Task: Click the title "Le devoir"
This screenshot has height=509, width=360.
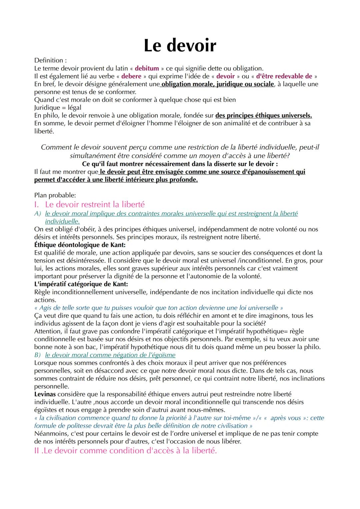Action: (x=180, y=45)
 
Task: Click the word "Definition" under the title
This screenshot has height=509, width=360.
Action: (x=49, y=60)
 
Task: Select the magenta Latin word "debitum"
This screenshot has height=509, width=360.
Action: (x=147, y=68)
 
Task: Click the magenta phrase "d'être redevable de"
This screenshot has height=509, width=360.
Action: (x=284, y=76)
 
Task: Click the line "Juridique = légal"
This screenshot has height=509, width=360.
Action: (x=58, y=108)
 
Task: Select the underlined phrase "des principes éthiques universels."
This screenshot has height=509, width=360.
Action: (x=264, y=116)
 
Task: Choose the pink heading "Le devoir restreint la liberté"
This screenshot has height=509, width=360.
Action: (x=95, y=204)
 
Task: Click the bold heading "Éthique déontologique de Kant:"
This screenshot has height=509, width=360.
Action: (x=80, y=245)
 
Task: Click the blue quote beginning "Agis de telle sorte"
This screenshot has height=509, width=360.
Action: (x=159, y=308)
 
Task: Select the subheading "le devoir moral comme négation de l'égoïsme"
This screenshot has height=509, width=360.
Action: (x=110, y=355)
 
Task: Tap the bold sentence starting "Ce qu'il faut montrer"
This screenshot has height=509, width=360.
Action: (x=180, y=164)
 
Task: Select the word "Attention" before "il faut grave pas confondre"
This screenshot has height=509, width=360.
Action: (x=48, y=331)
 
